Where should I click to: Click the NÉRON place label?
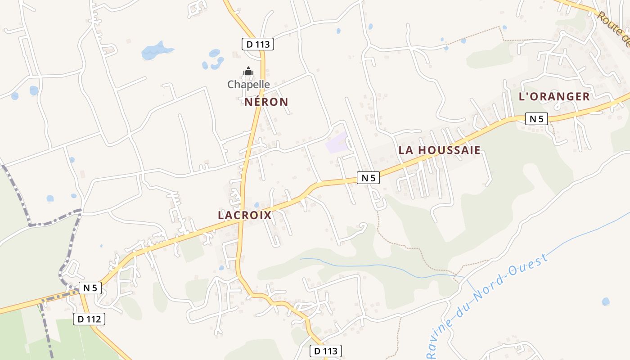pos(266,102)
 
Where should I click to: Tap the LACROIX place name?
pos(245,215)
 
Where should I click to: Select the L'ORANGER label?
pos(554,96)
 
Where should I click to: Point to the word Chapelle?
pos(248,84)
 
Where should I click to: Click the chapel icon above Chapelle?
pos(248,71)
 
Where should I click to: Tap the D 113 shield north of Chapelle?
pos(258,44)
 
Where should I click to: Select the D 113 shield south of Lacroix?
pos(326,351)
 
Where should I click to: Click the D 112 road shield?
pos(89,319)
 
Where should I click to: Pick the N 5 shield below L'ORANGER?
pos(536,119)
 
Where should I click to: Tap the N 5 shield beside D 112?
pos(90,288)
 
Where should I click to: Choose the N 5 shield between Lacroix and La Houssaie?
pos(368,178)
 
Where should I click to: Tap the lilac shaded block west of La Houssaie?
pos(336,143)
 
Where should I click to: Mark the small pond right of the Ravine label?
pos(606,301)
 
